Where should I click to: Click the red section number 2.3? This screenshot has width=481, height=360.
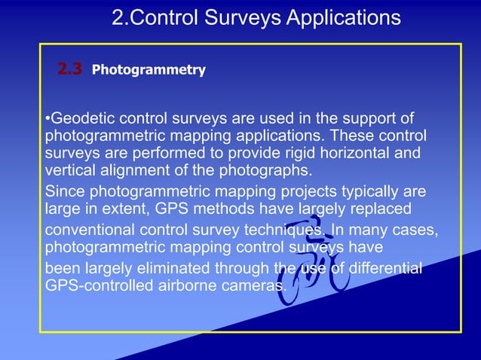click(69, 70)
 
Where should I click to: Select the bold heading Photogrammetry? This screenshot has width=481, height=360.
click(149, 71)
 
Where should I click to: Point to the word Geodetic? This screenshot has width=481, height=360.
click(80, 119)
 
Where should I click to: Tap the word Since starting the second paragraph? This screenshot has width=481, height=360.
click(65, 190)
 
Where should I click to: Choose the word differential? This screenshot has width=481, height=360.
click(378, 269)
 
